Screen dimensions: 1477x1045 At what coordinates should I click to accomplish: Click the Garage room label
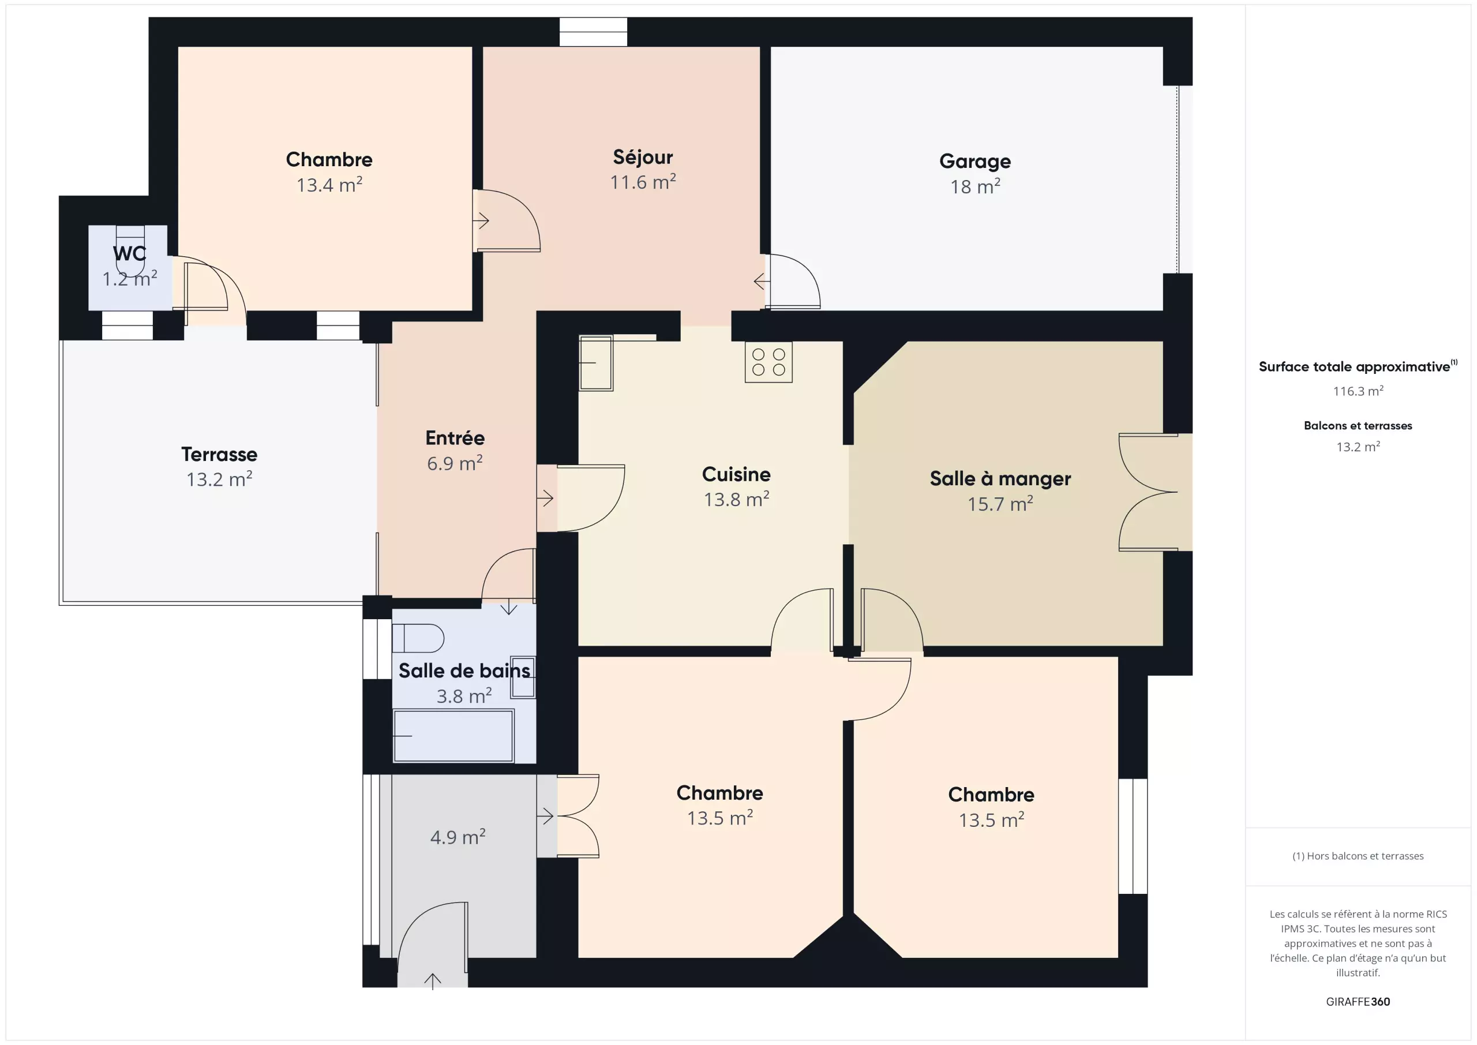pyautogui.click(x=974, y=162)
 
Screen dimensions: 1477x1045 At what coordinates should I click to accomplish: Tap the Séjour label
pyautogui.click(x=643, y=157)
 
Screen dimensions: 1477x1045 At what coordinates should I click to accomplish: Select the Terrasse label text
pyautogui.click(x=219, y=454)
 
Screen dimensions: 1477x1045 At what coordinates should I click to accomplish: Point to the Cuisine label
pyautogui.click(x=736, y=474)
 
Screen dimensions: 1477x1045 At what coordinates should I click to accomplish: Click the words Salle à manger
pyautogui.click(x=1000, y=479)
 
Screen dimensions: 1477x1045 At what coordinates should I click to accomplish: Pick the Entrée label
pyautogui.click(x=455, y=438)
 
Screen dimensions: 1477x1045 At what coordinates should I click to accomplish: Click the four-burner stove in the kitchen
pyautogui.click(x=768, y=362)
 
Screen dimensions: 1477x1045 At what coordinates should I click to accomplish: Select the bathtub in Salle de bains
pyautogui.click(x=453, y=736)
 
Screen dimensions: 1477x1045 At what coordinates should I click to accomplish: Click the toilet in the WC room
pyautogui.click(x=130, y=250)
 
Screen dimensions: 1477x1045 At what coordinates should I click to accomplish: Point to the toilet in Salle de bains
pyautogui.click(x=418, y=638)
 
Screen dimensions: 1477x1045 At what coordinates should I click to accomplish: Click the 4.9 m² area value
pyautogui.click(x=458, y=837)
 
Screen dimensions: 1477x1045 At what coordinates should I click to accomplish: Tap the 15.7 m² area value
pyautogui.click(x=1000, y=504)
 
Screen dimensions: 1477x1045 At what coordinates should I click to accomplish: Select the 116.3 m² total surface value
pyautogui.click(x=1358, y=391)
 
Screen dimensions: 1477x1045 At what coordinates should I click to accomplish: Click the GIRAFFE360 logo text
pyautogui.click(x=1358, y=1001)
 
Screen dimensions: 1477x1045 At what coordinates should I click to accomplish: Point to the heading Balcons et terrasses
pyautogui.click(x=1358, y=425)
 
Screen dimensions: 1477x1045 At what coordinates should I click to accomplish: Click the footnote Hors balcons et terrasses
pyautogui.click(x=1358, y=856)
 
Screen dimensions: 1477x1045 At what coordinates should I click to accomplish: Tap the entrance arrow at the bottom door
pyautogui.click(x=432, y=982)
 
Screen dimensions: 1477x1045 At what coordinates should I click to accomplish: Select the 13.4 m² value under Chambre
pyautogui.click(x=329, y=185)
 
